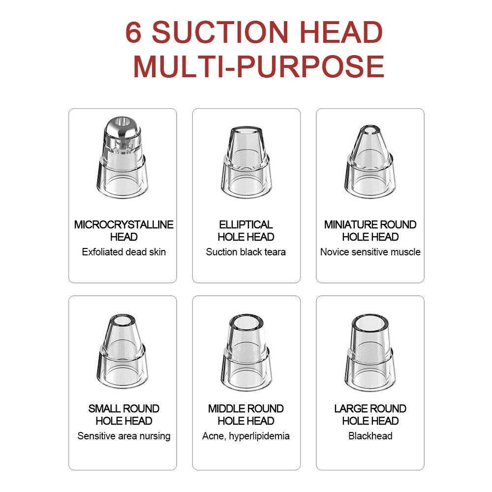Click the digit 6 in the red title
click(x=133, y=32)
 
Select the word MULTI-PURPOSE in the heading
click(x=259, y=66)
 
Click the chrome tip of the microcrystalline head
click(x=123, y=128)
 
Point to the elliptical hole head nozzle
click(x=246, y=162)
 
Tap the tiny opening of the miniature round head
click(x=370, y=130)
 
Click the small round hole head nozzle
click(x=123, y=351)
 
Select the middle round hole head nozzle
click(x=246, y=352)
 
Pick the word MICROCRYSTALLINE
click(x=123, y=225)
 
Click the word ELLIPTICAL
click(x=246, y=225)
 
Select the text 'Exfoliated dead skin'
click(x=123, y=252)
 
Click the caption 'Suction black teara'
click(x=246, y=252)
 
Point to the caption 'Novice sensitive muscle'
click(x=370, y=252)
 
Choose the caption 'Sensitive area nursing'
click(x=123, y=436)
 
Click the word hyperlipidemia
click(x=259, y=436)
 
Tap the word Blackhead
click(x=370, y=436)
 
